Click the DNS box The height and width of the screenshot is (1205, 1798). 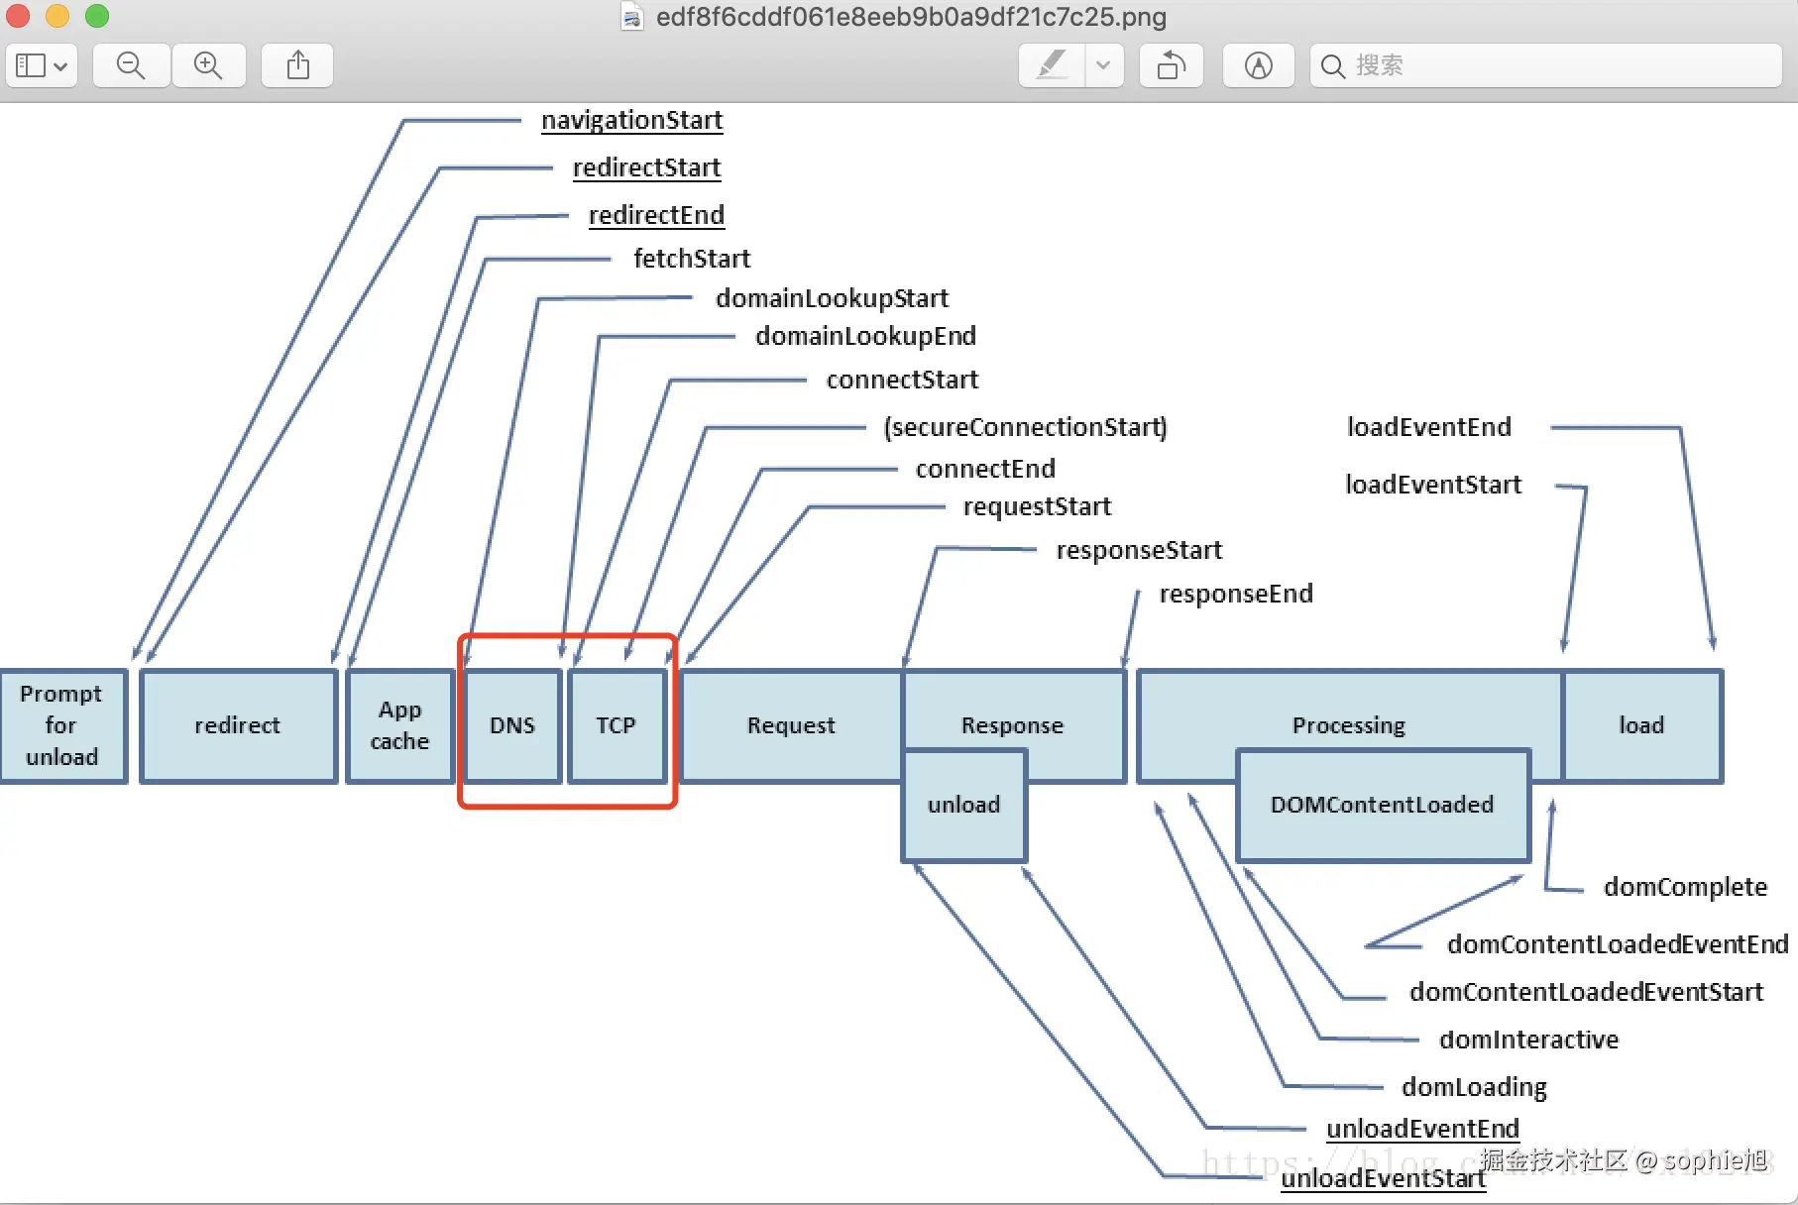512,725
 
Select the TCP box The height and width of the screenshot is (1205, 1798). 616,725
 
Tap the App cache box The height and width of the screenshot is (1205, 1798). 400,725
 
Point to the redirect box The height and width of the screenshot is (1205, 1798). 238,725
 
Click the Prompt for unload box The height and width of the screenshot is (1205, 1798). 62,725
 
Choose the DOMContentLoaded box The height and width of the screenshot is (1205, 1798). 1382,805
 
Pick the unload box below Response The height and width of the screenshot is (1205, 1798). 963,805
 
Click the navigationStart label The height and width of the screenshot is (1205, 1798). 631,121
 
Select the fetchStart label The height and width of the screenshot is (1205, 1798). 692,259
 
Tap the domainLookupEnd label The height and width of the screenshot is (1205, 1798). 865,336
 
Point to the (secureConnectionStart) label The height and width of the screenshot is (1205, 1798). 1025,427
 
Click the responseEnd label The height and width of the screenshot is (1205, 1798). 1236,594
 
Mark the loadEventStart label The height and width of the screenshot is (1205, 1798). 1432,485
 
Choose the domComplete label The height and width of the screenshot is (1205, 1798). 1685,887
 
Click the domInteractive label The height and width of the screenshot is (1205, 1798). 1528,1040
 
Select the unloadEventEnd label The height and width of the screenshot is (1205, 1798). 1422,1129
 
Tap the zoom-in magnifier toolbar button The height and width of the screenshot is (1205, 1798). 208,65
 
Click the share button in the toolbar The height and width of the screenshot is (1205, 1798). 297,65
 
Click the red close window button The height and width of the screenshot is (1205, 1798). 18,16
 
